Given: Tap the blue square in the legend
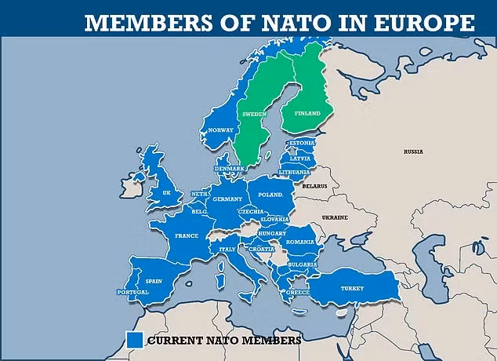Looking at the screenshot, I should pyautogui.click(x=134, y=340).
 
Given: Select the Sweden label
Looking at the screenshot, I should pyautogui.click(x=255, y=114).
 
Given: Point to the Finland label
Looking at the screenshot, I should pyautogui.click(x=307, y=114).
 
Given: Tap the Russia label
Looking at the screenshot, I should pyautogui.click(x=413, y=151).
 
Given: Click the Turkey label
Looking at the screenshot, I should pyautogui.click(x=352, y=288).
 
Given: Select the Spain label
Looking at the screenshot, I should pyautogui.click(x=154, y=280).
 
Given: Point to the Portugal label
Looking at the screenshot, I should pyautogui.click(x=132, y=293).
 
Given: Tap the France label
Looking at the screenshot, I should pyautogui.click(x=187, y=235).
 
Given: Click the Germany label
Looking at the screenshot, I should pyautogui.click(x=229, y=199).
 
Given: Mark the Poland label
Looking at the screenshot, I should pyautogui.click(x=270, y=193).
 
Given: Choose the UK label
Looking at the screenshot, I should pyautogui.click(x=166, y=191).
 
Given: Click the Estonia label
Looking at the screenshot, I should pyautogui.click(x=303, y=144).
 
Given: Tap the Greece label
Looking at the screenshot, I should pyautogui.click(x=298, y=292).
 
